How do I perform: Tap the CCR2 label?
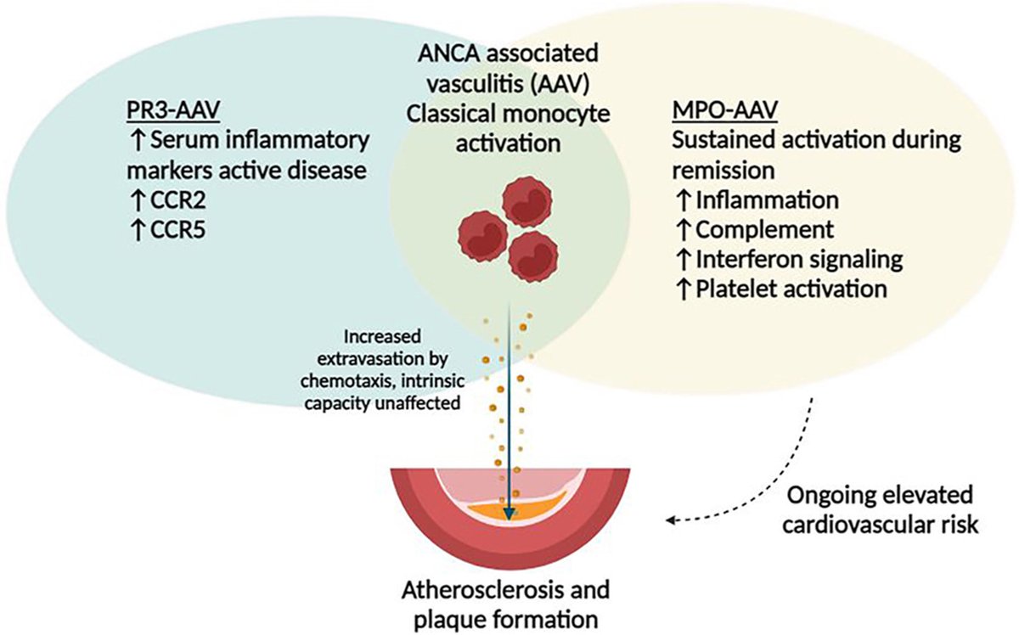click(x=178, y=200)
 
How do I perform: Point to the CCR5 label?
click(x=178, y=230)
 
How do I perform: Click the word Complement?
click(x=765, y=230)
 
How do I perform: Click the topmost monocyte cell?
click(x=526, y=201)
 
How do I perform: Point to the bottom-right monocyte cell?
click(x=533, y=257)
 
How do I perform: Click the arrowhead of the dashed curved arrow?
click(x=670, y=520)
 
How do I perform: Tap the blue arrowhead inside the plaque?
click(x=509, y=514)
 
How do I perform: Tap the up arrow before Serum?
click(x=138, y=141)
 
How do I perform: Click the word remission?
click(x=723, y=171)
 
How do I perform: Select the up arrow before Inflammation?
click(x=684, y=200)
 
